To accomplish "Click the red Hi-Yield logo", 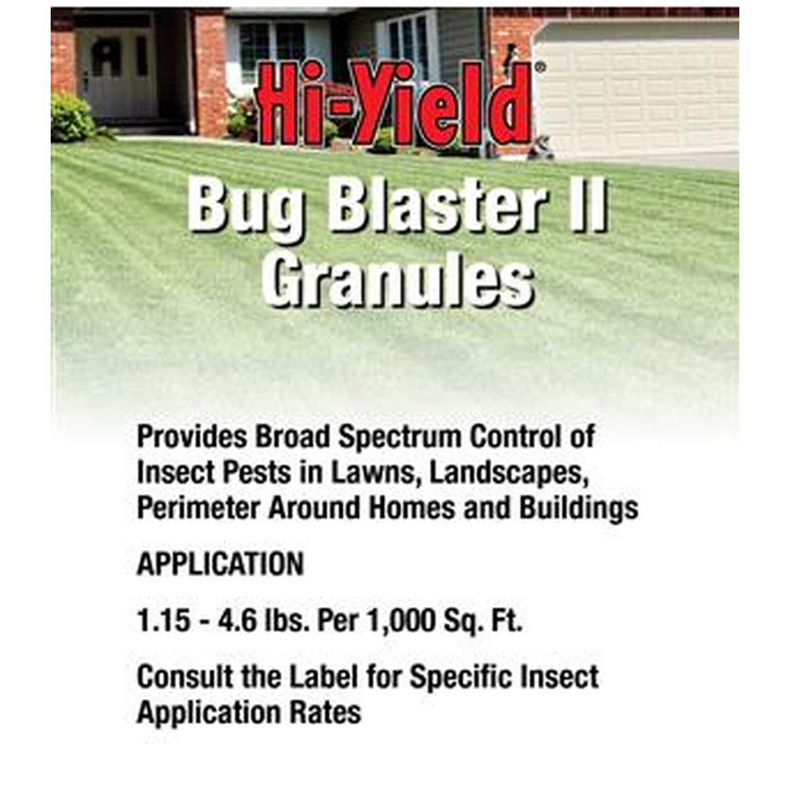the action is tap(394, 104).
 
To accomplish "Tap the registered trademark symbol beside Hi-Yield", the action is tap(540, 67).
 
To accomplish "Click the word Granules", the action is tap(398, 283).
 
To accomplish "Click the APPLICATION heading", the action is tap(220, 564).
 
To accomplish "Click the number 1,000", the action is tap(402, 622).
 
